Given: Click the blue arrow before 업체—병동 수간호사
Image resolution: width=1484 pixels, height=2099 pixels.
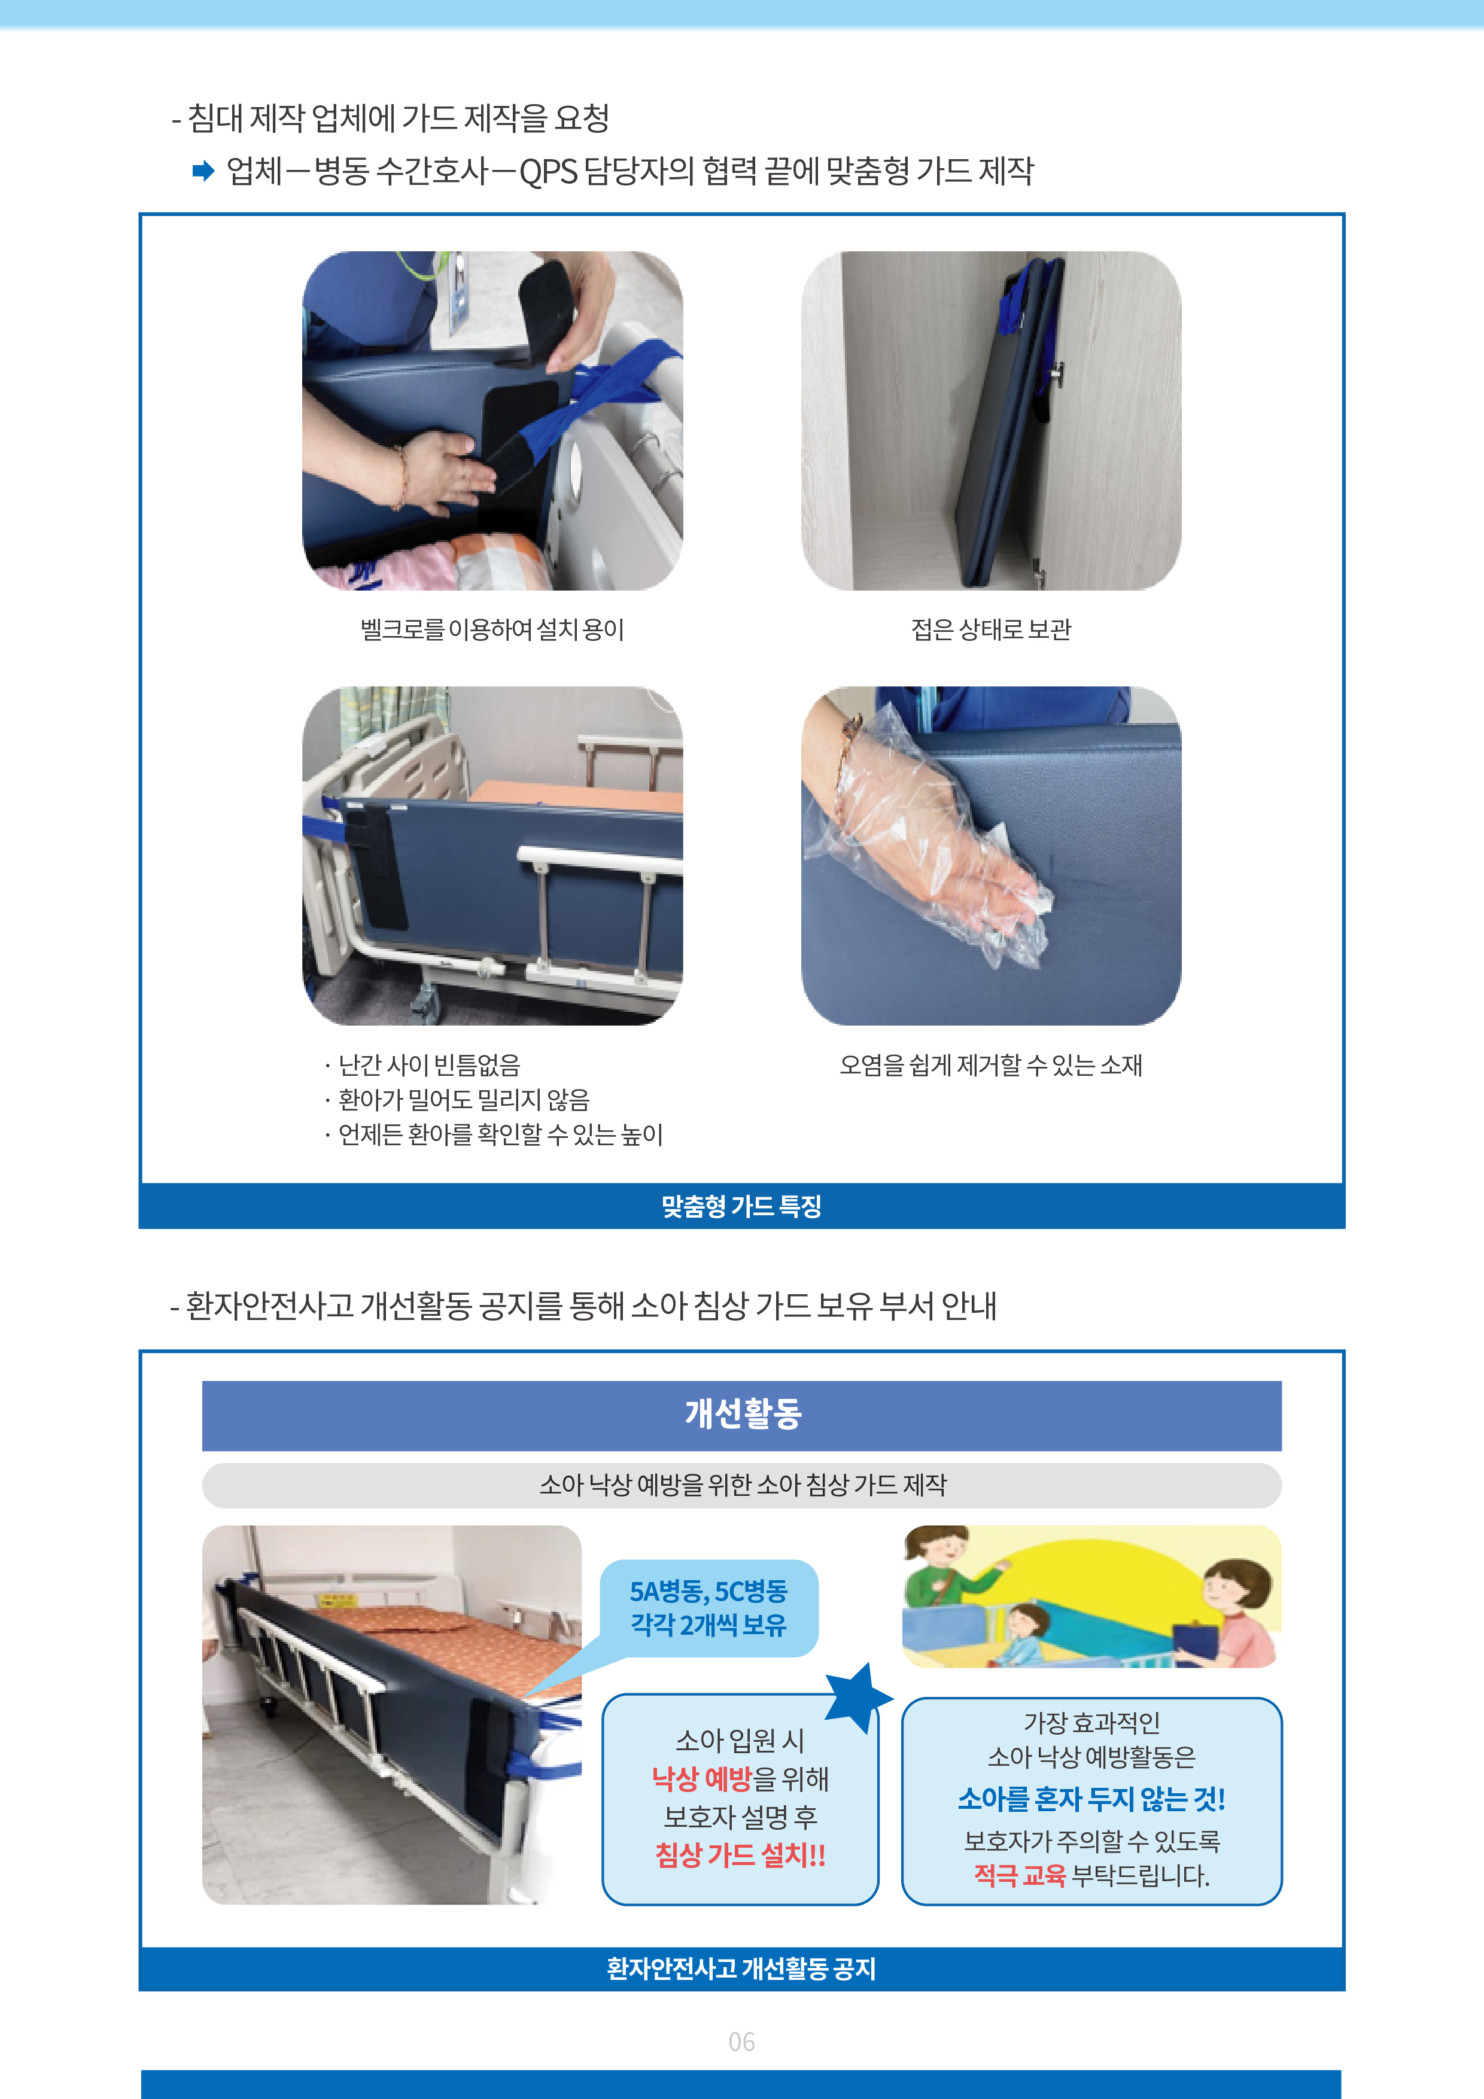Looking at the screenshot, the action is tap(203, 171).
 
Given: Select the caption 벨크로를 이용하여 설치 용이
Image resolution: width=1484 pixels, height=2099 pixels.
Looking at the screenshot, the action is tap(492, 629).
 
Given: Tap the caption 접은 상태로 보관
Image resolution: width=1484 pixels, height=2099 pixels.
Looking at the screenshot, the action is tap(991, 629).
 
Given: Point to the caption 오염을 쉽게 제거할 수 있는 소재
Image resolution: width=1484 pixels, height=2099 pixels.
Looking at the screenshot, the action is tap(991, 1065).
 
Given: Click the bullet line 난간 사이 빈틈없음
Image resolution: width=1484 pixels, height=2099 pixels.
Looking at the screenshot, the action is tap(421, 1065).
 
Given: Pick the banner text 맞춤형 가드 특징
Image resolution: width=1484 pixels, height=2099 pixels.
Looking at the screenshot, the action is tap(741, 1206).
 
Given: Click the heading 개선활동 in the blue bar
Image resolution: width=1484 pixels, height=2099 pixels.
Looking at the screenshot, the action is tap(743, 1413).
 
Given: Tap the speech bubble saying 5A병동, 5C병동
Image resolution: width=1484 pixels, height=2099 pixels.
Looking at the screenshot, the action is tap(708, 1608).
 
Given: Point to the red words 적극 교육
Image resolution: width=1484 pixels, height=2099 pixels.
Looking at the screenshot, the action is tap(1020, 1875).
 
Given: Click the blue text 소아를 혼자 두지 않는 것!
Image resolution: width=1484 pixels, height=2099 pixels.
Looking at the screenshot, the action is tap(1091, 1799).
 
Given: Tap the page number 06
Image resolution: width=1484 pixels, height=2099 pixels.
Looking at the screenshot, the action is tap(741, 2042).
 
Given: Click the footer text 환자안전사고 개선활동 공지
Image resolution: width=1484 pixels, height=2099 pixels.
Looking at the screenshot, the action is tap(741, 1969).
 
